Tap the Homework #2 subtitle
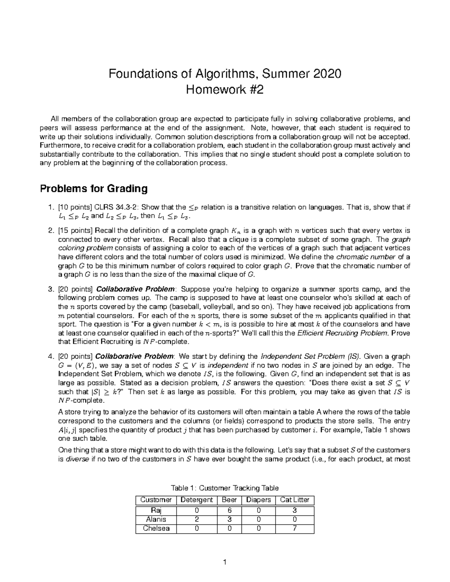pos(225,90)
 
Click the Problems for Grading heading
pos(93,189)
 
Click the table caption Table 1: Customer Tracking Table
pos(225,488)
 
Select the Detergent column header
pos(196,500)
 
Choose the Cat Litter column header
pos(295,500)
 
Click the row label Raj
pos(156,510)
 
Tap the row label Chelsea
pos(156,529)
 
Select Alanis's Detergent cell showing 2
pos(196,520)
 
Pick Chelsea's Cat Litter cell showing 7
pos(295,529)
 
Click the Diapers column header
pos(258,500)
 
